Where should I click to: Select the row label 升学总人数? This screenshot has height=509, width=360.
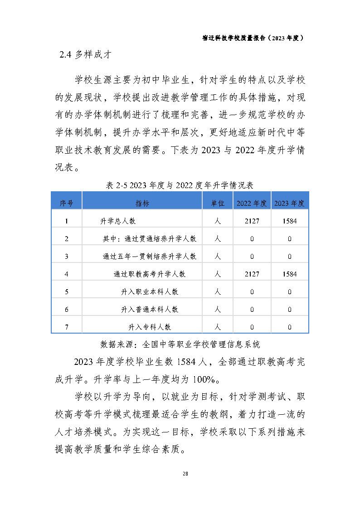coord(118,222)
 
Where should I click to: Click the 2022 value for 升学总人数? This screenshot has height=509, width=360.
coord(252,222)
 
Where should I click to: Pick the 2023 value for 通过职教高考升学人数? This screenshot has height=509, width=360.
coord(289,274)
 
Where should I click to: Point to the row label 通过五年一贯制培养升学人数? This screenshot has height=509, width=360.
coord(149,257)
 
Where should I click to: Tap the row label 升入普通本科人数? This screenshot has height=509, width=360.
coord(149,310)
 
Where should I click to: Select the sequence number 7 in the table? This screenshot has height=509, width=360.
coord(66,327)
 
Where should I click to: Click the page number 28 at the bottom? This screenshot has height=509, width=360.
coord(185,474)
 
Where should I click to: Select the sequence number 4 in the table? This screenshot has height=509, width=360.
coord(66,274)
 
